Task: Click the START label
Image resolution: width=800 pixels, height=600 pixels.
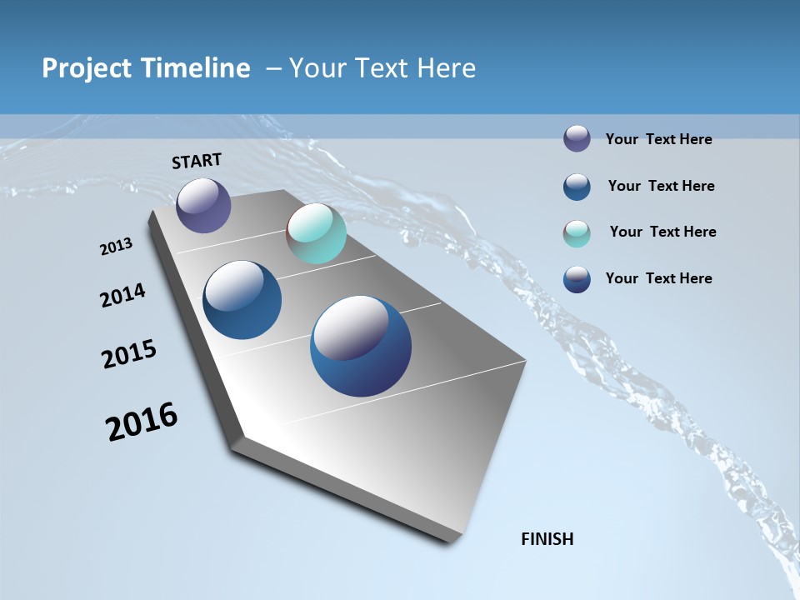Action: (197, 161)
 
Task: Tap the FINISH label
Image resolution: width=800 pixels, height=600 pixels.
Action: (547, 539)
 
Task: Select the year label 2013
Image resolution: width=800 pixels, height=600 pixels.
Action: (117, 247)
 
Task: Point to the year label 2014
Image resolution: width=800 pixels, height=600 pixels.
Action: (122, 296)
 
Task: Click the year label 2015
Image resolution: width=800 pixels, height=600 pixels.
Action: (129, 355)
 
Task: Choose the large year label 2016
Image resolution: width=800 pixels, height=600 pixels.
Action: (142, 422)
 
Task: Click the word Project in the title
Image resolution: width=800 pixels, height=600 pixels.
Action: (88, 68)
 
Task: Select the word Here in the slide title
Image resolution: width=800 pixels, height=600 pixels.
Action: (445, 68)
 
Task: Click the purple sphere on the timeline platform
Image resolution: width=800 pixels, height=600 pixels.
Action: (203, 206)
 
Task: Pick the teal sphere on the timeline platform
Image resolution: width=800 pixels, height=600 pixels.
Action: (316, 233)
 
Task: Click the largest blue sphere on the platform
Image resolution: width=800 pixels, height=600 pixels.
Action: (361, 347)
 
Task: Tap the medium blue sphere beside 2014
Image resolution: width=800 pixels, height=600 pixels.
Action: (242, 300)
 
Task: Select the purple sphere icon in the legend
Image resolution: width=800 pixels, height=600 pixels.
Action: (577, 138)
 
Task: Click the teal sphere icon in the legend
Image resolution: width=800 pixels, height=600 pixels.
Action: (577, 233)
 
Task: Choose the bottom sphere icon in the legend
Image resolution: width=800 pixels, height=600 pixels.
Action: (577, 279)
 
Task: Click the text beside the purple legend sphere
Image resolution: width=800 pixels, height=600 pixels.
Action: (658, 139)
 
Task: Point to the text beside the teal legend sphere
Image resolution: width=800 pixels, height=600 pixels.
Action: (662, 232)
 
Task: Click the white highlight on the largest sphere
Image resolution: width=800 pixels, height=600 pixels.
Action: (350, 328)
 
